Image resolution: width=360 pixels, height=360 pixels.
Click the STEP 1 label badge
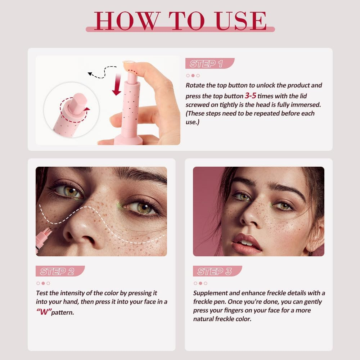[210, 64]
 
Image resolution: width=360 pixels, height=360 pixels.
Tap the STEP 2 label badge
[60, 271]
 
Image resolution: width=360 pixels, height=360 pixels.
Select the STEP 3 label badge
[217, 271]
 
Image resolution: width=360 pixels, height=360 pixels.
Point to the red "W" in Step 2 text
[43, 311]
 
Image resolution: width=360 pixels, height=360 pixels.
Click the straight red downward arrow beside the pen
[117, 85]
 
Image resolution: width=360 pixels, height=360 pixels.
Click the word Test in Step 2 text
[42, 293]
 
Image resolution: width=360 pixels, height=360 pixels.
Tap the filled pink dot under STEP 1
[193, 76]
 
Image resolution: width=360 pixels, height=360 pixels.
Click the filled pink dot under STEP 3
[201, 283]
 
